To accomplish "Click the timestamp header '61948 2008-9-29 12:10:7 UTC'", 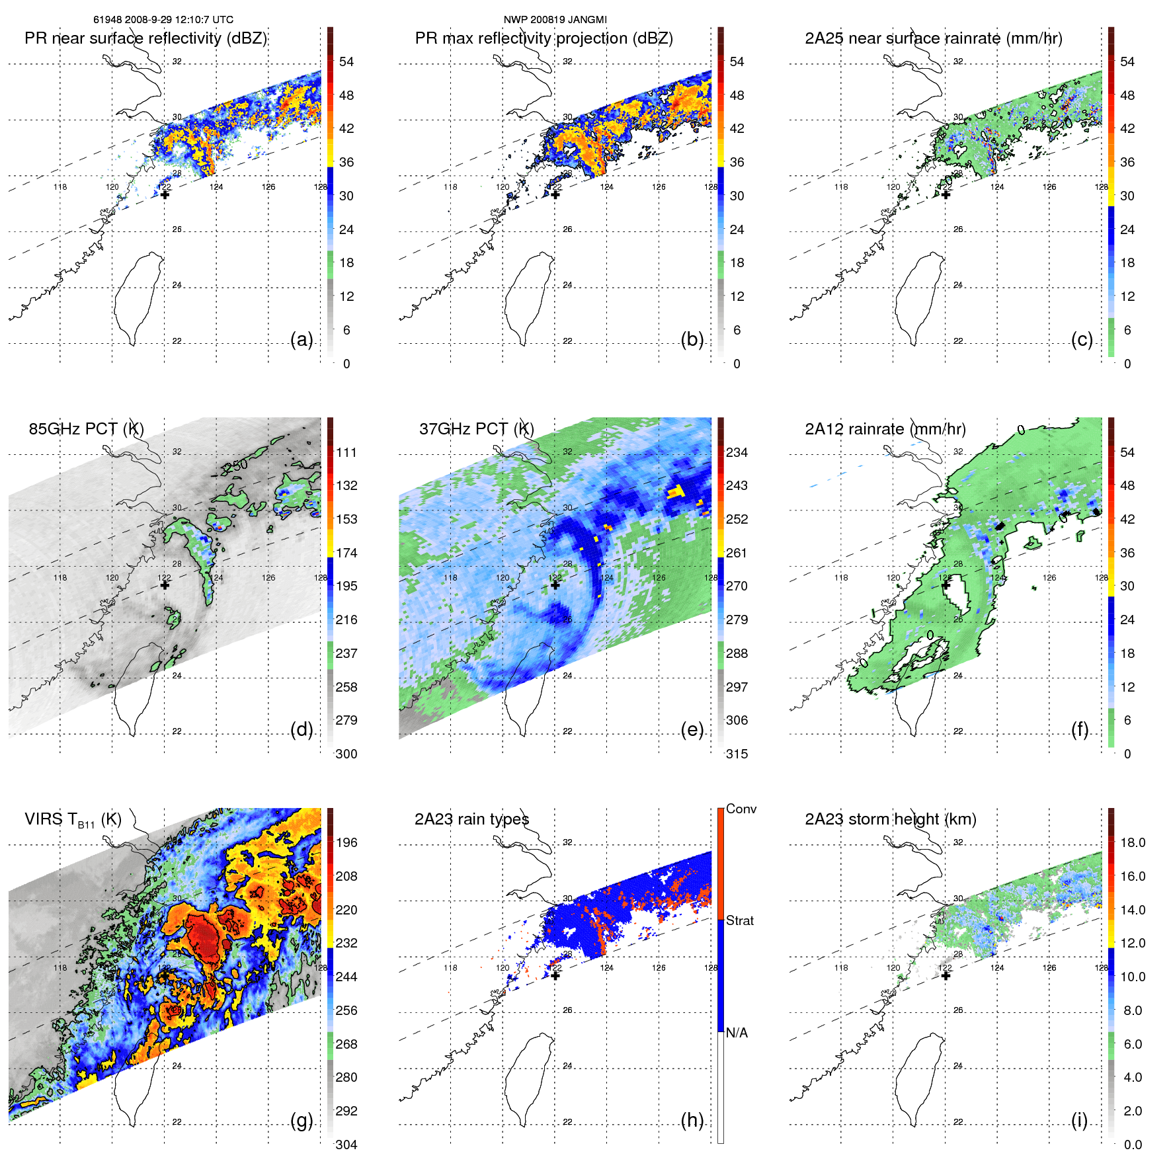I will tap(163, 20).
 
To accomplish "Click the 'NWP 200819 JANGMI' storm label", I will tap(555, 20).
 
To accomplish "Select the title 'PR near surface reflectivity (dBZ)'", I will tap(145, 38).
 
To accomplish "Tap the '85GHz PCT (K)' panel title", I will tap(86, 429).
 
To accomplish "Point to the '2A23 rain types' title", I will tap(471, 819).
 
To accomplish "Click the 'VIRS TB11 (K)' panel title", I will tap(73, 820).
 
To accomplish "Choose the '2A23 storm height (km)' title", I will tap(890, 819).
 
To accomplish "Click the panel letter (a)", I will tap(302, 340).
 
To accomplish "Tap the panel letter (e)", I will tap(692, 730).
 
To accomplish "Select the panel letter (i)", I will tap(1079, 1120).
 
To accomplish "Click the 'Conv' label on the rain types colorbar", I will tap(741, 809).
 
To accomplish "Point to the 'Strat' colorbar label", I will tap(739, 920).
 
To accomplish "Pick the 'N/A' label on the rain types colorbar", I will tap(737, 1033).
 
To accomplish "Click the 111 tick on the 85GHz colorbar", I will tap(346, 452).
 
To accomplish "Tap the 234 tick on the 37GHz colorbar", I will tap(737, 452).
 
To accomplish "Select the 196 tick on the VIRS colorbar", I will tap(346, 842).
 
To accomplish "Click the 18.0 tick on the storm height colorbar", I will tap(1132, 842).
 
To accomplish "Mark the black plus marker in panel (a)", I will tap(165, 194).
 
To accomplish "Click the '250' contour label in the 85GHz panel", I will tap(235, 465).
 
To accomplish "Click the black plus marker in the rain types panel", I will tap(555, 975).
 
